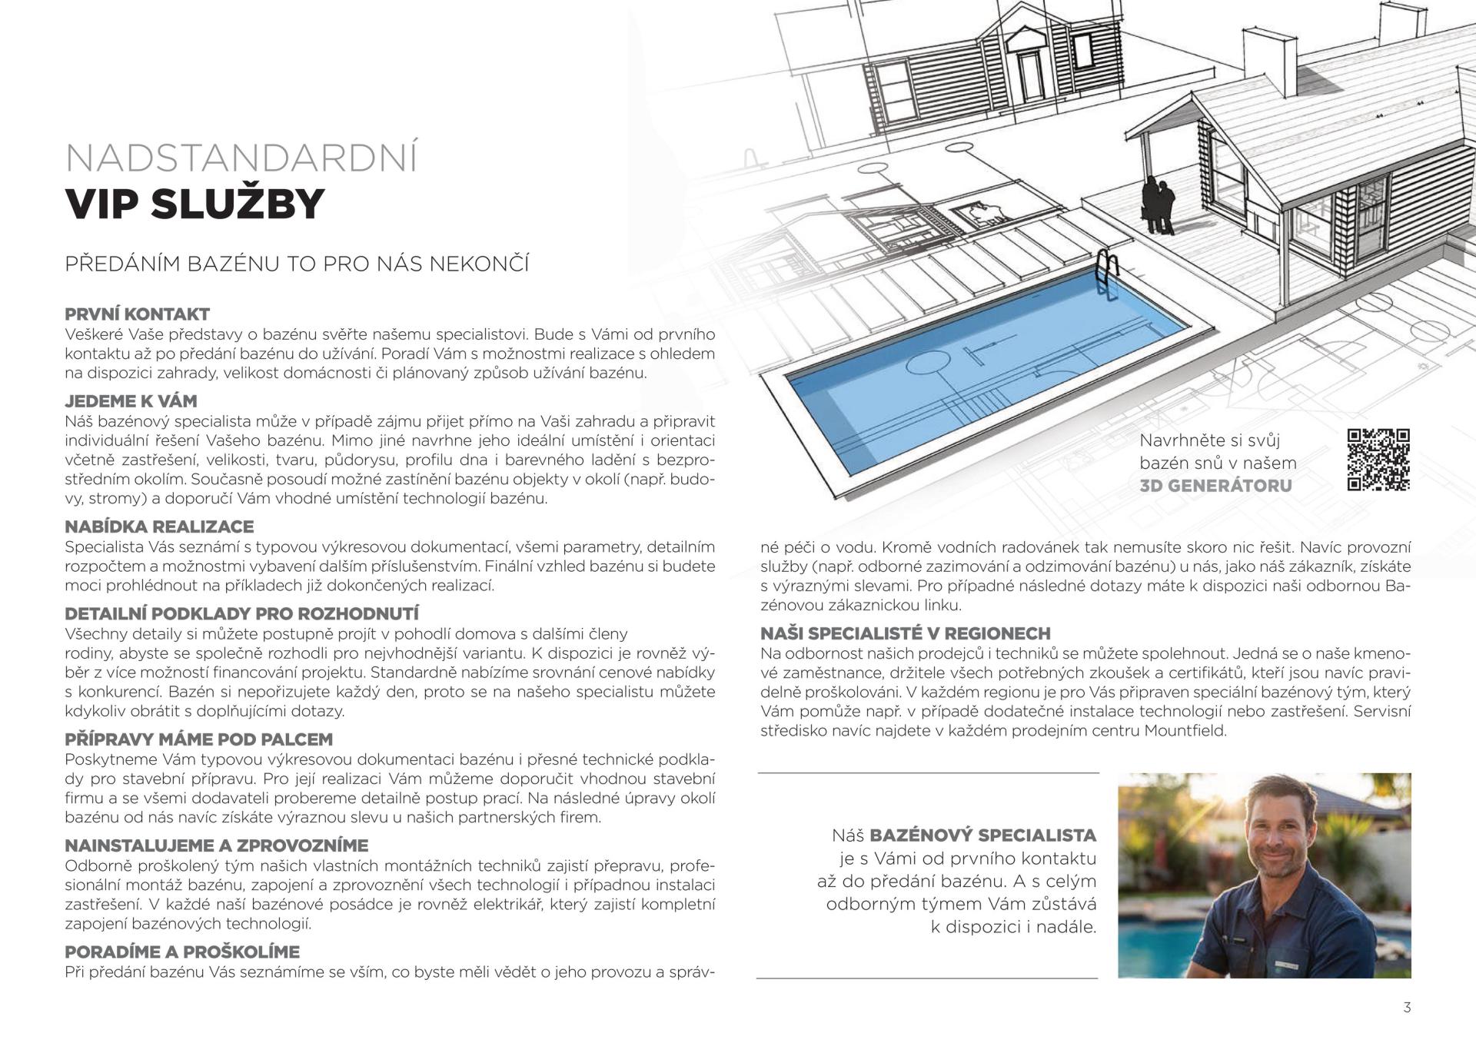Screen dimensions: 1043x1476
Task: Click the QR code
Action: (1378, 460)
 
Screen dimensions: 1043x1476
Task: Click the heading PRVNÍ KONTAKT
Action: (137, 314)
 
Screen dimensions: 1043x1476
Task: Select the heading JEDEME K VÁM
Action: (131, 401)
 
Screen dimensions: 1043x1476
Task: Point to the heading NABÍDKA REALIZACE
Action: (159, 527)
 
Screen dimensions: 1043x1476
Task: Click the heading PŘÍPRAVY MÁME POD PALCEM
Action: (198, 739)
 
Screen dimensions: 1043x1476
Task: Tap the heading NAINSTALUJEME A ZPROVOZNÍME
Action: (217, 845)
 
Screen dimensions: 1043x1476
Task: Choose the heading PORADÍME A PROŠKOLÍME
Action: (182, 952)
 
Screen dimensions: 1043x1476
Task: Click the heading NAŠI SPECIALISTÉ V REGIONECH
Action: (906, 633)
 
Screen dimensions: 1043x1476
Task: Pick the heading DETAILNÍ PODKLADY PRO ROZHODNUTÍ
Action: (241, 614)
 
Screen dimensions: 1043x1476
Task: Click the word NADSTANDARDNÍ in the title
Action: (241, 158)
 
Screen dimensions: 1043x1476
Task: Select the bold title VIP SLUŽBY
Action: (195, 204)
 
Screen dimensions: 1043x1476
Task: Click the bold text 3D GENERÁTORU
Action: (1215, 486)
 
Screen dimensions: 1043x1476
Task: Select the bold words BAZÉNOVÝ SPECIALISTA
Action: (983, 835)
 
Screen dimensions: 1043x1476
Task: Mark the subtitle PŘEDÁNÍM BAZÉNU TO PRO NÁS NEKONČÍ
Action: (297, 264)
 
